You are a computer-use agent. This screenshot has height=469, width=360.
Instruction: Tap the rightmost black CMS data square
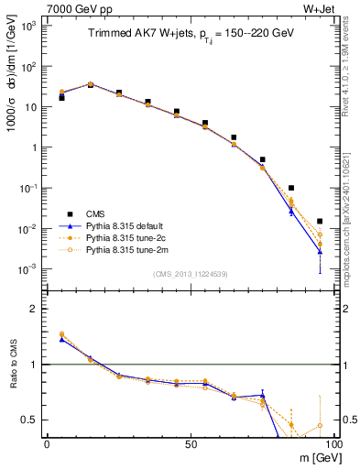(x=319, y=221)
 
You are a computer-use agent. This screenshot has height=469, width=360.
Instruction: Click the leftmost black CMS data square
(x=61, y=97)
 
